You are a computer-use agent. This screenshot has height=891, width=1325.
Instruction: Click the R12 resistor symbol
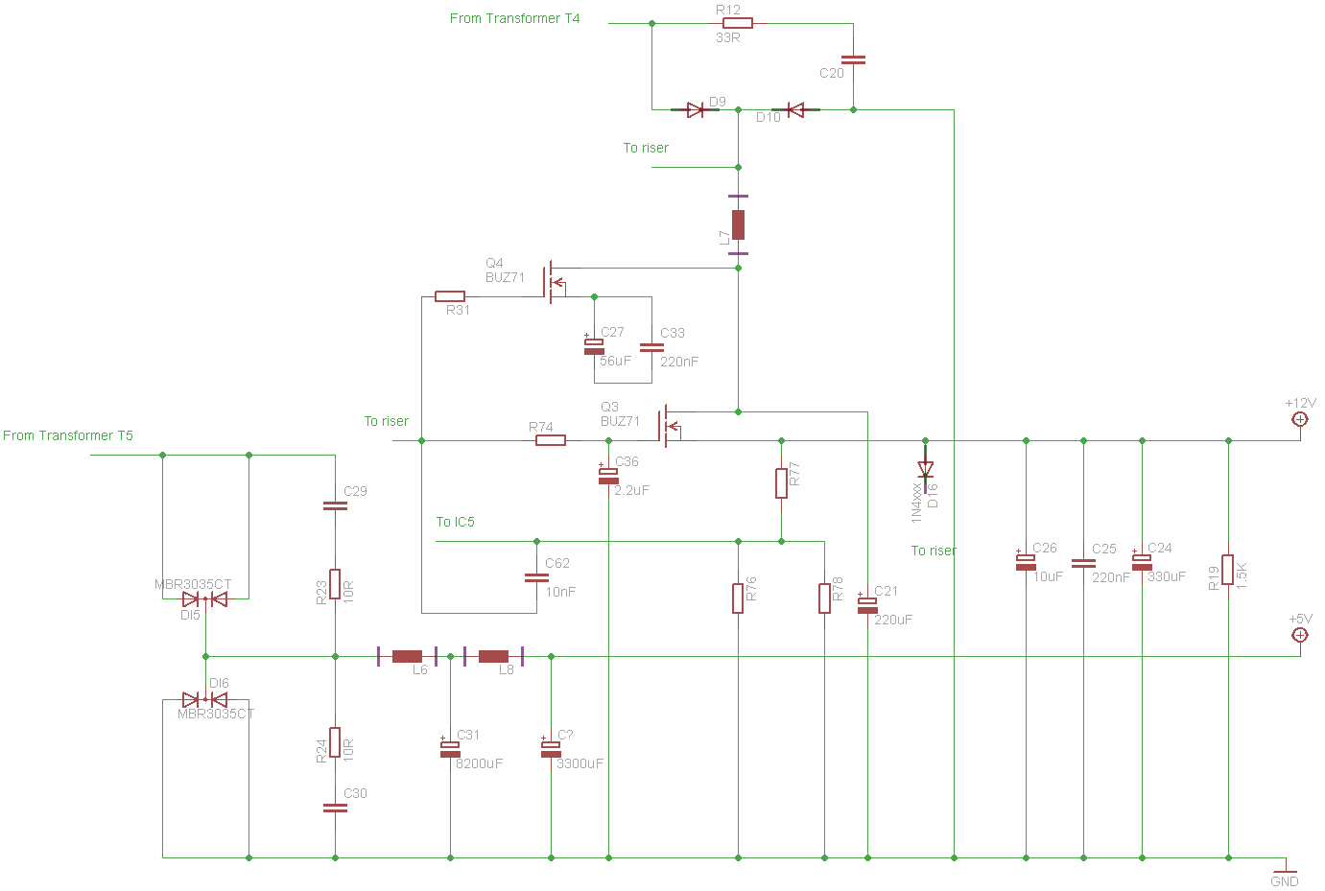737,23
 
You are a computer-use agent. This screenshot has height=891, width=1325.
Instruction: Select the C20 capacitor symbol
853,59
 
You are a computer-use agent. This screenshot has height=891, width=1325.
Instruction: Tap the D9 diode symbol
697,110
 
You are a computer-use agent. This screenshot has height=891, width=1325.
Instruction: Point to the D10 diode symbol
794,110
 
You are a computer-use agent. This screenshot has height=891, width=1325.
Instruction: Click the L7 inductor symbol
738,224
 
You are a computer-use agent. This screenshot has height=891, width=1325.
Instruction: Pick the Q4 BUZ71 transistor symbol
554,282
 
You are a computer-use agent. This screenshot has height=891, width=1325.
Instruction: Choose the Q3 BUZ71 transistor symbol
667,426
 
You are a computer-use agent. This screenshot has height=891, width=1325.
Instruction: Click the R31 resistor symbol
450,296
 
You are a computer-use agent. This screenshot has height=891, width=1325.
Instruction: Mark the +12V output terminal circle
1300,419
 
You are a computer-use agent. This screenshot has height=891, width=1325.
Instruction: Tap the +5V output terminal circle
1300,635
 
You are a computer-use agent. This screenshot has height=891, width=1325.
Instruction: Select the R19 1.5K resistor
1228,570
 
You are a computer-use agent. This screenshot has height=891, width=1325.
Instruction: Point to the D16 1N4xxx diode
925,470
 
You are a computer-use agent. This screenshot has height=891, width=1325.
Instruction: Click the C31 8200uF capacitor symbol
450,748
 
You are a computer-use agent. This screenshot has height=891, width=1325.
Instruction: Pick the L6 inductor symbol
407,657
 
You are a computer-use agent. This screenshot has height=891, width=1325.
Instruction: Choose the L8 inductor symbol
493,657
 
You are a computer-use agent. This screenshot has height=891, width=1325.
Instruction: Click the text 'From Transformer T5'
68,435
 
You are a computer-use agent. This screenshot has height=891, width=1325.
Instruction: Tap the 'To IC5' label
455,522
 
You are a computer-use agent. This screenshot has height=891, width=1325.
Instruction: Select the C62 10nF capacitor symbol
536,577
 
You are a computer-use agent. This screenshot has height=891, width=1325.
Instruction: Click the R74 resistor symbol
550,440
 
